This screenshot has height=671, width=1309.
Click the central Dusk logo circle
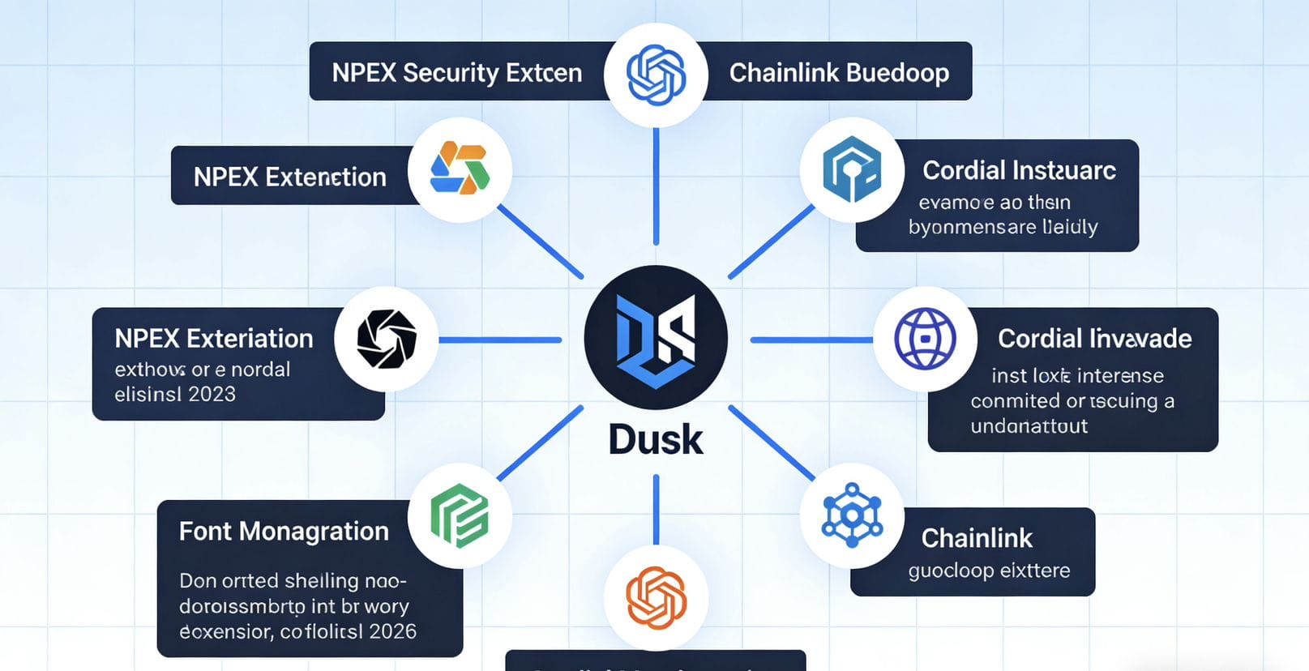(656, 338)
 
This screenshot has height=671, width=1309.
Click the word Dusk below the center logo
(656, 440)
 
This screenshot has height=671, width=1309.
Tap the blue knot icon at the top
(656, 75)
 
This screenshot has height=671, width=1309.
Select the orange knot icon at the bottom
(656, 598)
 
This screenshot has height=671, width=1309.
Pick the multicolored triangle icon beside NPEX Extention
(460, 169)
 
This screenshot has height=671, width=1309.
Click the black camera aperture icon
(387, 339)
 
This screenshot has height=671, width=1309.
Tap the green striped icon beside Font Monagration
(460, 515)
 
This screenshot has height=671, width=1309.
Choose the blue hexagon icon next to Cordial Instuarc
(851, 169)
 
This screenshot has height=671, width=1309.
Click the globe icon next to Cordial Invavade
(925, 339)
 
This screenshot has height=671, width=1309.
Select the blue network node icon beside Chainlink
(851, 515)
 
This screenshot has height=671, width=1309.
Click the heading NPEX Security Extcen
(456, 73)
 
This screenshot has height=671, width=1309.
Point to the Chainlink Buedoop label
(839, 73)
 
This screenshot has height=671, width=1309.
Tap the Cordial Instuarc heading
(1019, 170)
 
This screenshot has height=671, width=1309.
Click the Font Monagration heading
(284, 532)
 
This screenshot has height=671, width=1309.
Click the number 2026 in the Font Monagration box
(391, 631)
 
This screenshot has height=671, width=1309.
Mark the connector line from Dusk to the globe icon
(811, 340)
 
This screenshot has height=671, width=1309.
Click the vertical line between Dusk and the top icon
(656, 186)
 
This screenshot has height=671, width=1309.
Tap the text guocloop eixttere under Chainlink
(989, 571)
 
